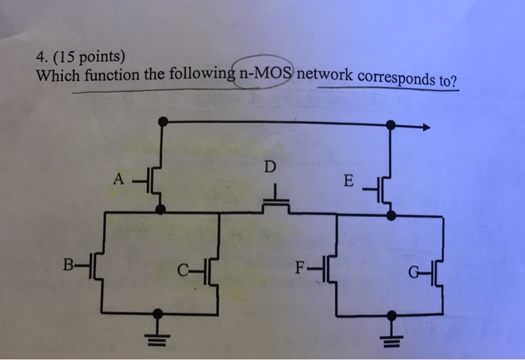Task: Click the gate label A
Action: pyautogui.click(x=117, y=180)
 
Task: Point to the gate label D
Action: pyautogui.click(x=269, y=166)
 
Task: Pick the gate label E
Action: pyautogui.click(x=346, y=180)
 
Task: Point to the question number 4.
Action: pyautogui.click(x=39, y=57)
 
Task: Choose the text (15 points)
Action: pyautogui.click(x=88, y=57)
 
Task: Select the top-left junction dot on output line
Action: pyautogui.click(x=161, y=120)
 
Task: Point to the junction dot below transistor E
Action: pyautogui.click(x=390, y=215)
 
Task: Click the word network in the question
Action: pyautogui.click(x=327, y=76)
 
